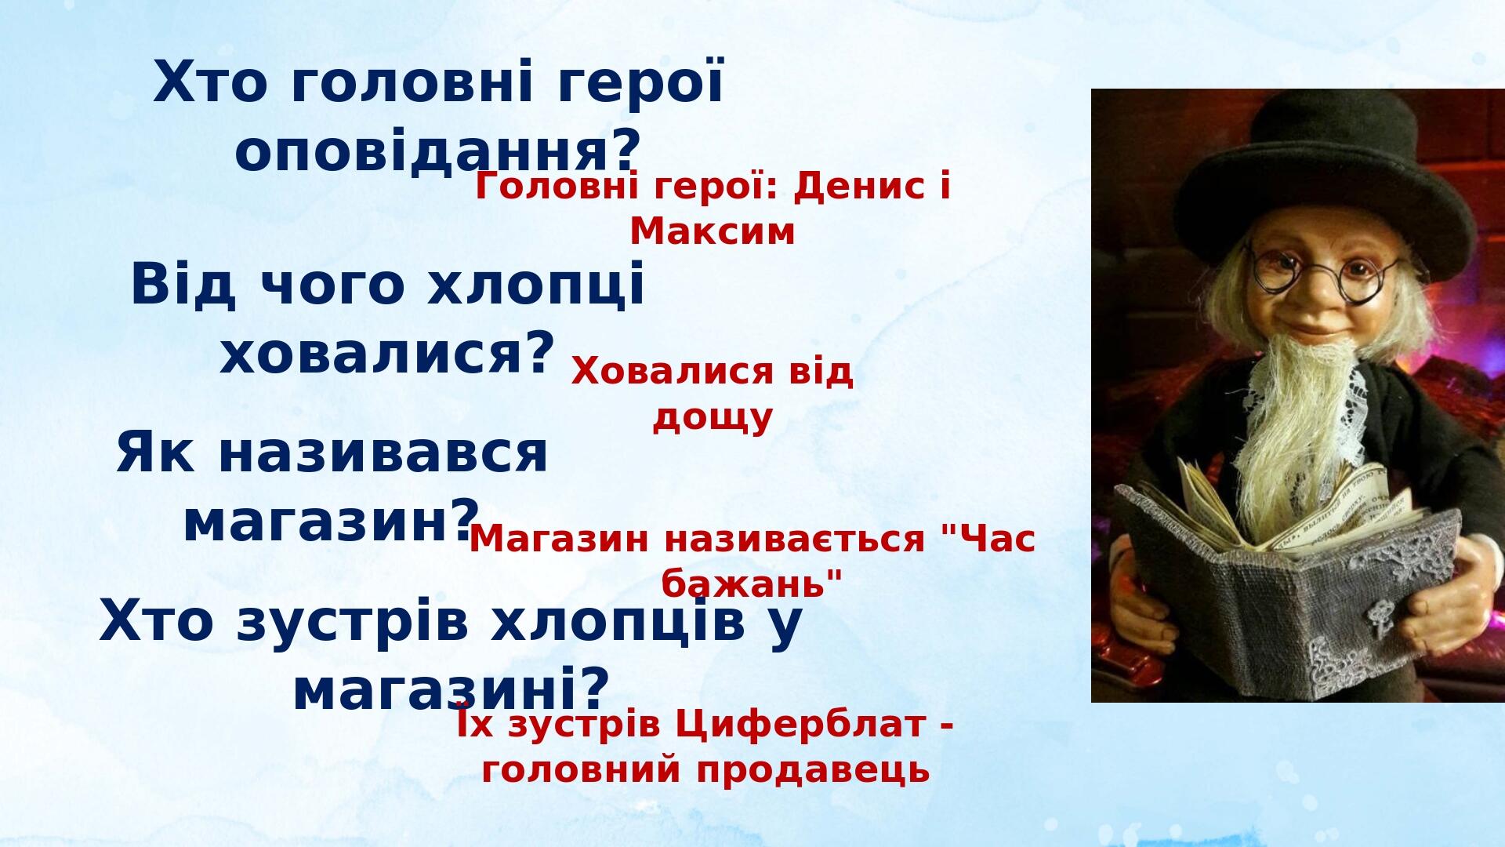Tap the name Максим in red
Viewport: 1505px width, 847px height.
point(713,231)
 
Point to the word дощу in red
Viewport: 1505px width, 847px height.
point(713,418)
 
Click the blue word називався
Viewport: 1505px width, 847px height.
point(383,453)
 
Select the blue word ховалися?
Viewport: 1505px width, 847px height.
point(387,353)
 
